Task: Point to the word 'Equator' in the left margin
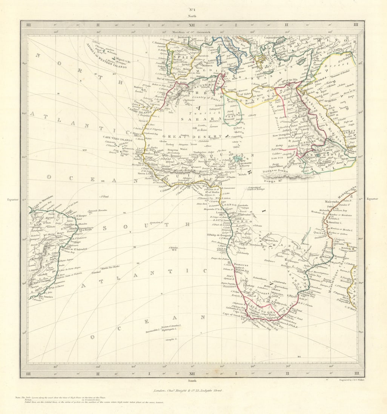[12, 199]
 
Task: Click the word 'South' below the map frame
[193, 381]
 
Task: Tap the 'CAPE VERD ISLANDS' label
[118, 140]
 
